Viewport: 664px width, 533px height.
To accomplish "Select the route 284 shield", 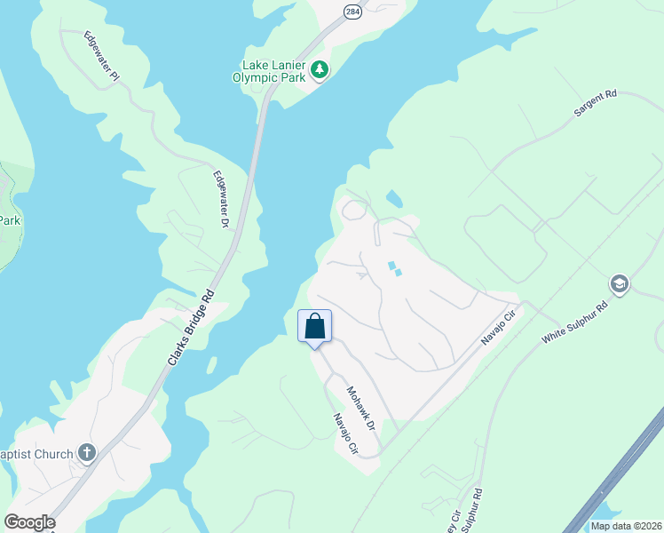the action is point(352,11).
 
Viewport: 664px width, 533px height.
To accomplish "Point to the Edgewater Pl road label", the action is point(101,57).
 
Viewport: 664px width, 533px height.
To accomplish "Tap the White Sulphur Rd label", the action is point(575,322).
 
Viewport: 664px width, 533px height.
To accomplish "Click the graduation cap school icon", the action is point(619,285).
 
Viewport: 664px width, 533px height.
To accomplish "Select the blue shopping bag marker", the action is point(314,327).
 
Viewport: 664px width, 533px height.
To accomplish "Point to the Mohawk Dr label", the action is point(362,409).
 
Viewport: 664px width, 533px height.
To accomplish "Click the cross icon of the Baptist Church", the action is point(86,453).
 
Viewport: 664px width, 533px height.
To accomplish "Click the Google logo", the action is point(29,522).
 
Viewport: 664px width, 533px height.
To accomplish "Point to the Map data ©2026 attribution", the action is point(626,525).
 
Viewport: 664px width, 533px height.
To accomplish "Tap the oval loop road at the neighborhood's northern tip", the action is point(354,211).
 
